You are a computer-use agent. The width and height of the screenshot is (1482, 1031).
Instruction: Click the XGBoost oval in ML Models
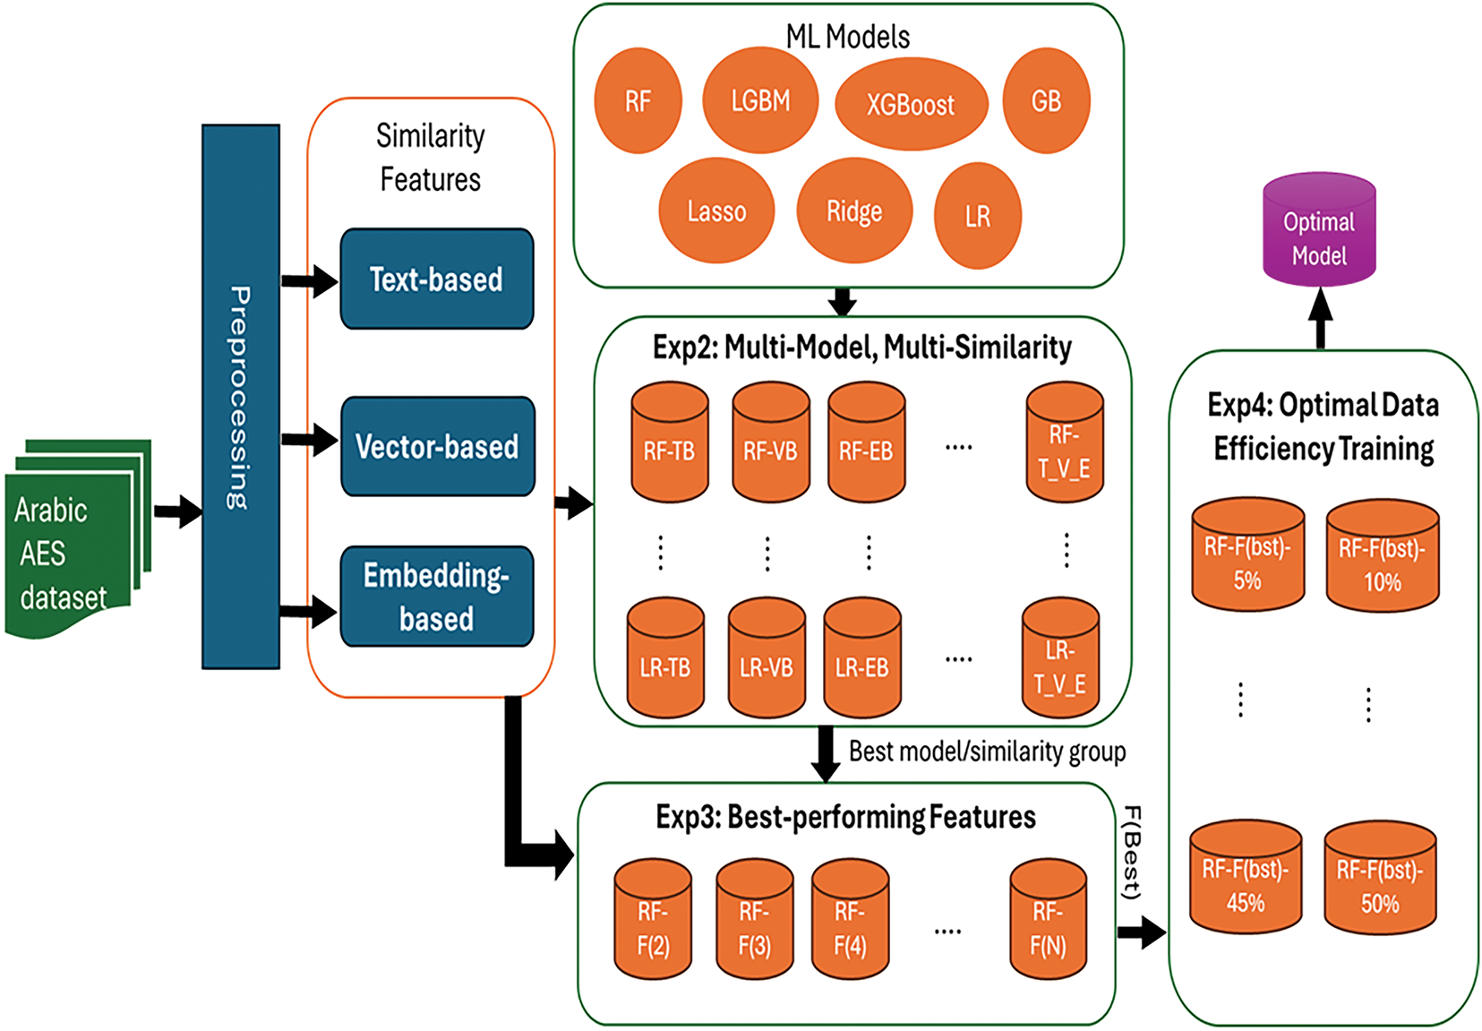tap(911, 104)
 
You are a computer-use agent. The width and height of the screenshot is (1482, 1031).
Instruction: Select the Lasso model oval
tap(716, 211)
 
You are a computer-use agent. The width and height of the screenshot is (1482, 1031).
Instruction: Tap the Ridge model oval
tap(854, 211)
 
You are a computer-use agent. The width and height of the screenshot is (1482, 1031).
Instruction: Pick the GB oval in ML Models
tap(1046, 101)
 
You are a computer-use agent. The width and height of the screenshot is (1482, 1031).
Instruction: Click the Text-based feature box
tap(437, 279)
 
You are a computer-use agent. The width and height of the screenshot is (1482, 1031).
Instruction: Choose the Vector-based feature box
tap(438, 446)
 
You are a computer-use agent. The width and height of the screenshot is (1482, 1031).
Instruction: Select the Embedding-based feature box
tap(437, 597)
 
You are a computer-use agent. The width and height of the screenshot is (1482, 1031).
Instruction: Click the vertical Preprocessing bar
tap(240, 397)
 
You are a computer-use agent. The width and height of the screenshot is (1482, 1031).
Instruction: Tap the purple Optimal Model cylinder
tap(1319, 231)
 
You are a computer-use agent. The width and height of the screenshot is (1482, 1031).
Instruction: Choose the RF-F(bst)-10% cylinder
tap(1382, 560)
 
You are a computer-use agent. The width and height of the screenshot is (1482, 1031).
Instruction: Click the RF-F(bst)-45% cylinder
tap(1246, 881)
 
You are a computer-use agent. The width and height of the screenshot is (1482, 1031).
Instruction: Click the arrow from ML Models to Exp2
tap(842, 302)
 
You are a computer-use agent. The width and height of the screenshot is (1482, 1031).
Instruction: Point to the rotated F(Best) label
tap(1132, 853)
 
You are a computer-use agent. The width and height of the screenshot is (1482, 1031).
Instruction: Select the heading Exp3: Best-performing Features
tap(845, 817)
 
